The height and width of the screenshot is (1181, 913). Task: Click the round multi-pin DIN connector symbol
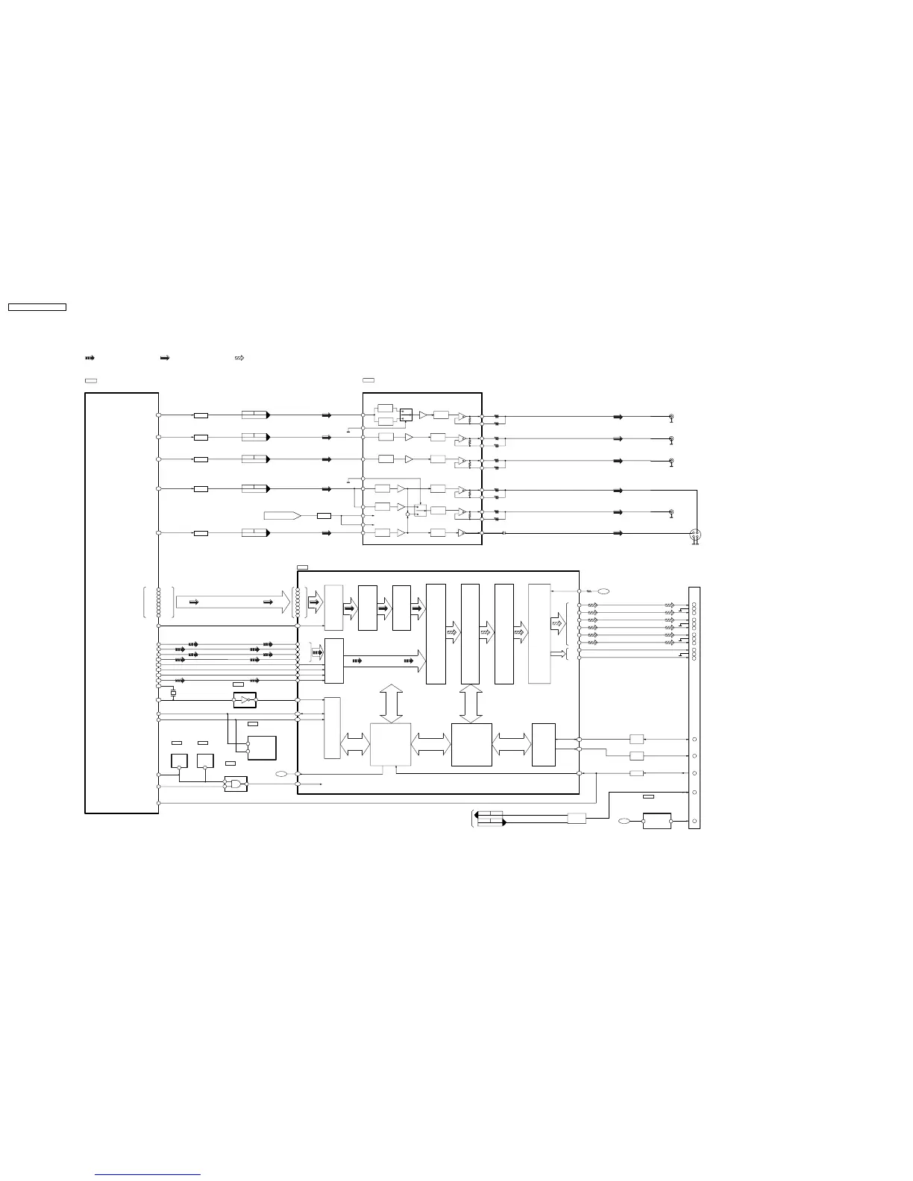point(695,535)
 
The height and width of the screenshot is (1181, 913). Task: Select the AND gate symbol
point(236,784)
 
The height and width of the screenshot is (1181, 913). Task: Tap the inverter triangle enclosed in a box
point(245,701)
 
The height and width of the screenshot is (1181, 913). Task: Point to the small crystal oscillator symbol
point(174,693)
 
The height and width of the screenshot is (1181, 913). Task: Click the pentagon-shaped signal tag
point(282,515)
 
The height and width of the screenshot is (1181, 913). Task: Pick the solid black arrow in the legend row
point(165,359)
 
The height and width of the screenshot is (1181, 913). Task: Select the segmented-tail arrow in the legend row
point(90,359)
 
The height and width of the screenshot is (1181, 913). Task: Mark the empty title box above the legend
point(37,306)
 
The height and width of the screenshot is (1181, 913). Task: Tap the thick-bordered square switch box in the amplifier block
point(406,414)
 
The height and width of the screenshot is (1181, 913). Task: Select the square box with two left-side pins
point(262,747)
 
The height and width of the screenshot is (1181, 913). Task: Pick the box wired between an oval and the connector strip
point(656,821)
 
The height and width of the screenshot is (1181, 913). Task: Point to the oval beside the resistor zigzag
point(603,591)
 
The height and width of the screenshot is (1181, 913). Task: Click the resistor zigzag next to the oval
point(589,591)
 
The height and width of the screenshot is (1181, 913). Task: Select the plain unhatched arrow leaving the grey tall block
point(557,653)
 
